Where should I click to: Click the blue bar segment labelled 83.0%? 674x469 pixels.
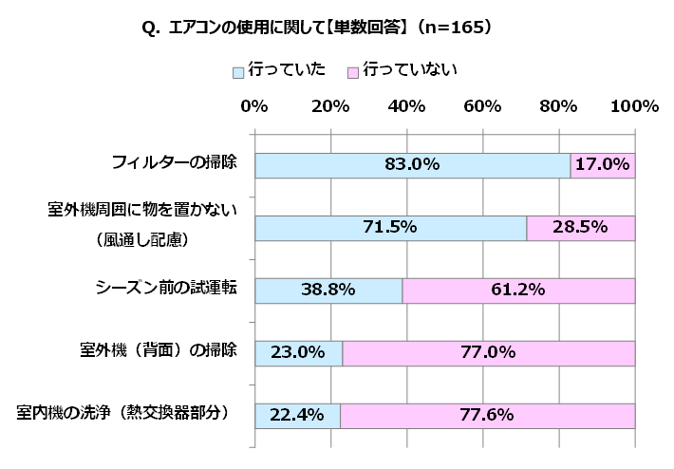412,165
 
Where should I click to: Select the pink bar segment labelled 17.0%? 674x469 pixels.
603,165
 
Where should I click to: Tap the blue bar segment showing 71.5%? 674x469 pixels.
390,228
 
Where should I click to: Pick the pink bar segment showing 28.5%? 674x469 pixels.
581,228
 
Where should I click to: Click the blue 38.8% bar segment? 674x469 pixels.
328,291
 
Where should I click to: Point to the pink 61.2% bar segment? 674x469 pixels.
518,291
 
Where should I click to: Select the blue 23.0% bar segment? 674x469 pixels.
298,353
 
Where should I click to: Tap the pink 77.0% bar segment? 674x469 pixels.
489,353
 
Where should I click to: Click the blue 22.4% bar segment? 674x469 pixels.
297,416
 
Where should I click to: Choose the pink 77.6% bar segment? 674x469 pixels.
488,416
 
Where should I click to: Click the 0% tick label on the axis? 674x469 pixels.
254,106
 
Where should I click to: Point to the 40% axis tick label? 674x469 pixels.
406,106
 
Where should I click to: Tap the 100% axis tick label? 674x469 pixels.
633,106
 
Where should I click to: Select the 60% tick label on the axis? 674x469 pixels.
482,106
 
